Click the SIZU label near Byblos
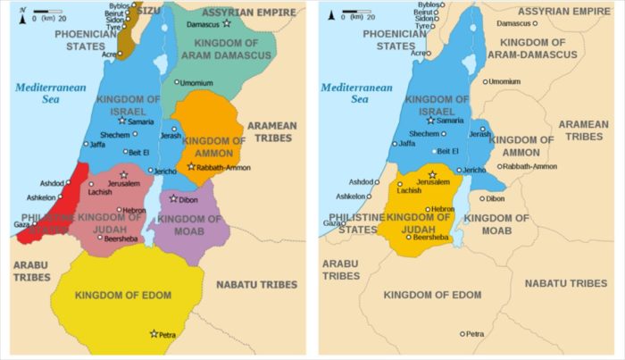153,12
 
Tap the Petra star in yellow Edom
154,333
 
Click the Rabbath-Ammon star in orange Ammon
191,166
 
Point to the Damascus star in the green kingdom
227,23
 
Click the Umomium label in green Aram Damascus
196,83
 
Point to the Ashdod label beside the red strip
51,182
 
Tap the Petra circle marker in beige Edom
462,333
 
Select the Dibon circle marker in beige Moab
482,198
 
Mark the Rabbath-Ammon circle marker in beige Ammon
500,166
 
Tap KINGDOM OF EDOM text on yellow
117,295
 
